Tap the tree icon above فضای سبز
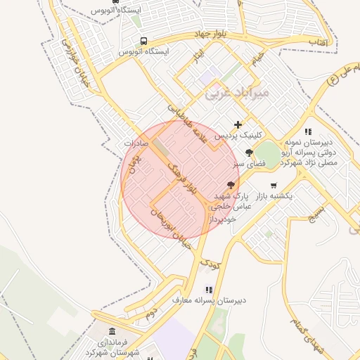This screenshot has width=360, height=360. (249, 153)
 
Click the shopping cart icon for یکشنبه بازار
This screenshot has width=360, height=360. (273, 186)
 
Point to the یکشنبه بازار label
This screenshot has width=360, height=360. (275, 197)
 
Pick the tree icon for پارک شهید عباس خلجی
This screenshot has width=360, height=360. (230, 184)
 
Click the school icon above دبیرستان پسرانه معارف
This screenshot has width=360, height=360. (208, 289)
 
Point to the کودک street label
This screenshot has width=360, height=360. (210, 265)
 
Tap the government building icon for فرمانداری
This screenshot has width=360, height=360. (112, 331)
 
